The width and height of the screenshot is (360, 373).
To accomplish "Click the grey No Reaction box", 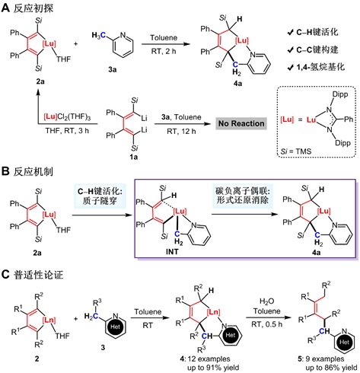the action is (241, 123).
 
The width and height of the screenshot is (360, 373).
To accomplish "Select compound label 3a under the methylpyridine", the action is (113, 69).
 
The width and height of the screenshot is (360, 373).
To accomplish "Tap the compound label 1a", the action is (134, 157).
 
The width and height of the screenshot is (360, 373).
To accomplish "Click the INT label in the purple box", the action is (172, 251).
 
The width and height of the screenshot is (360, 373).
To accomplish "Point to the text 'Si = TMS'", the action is (296, 151).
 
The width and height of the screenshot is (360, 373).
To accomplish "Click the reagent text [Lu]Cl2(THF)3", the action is (67, 117).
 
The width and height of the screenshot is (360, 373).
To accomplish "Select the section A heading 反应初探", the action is (27, 8).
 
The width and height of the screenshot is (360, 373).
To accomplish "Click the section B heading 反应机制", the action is (27, 172).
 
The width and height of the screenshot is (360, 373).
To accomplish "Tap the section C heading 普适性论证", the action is (32, 275).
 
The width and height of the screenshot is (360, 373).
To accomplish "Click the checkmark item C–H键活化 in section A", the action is (313, 32).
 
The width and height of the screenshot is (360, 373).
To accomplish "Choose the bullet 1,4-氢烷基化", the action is (316, 67).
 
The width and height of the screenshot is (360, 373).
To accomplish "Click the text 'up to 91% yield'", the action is (213, 368).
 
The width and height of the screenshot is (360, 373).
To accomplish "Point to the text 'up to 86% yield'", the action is (331, 368).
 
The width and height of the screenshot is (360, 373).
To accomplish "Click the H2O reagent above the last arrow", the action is (267, 301).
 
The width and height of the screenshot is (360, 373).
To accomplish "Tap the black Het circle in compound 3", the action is (115, 327).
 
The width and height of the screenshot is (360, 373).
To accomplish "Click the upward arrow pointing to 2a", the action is (38, 107).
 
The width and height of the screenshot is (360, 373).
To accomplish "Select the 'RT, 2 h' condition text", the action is (164, 51).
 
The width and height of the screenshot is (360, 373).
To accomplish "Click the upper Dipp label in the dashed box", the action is (340, 94).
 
